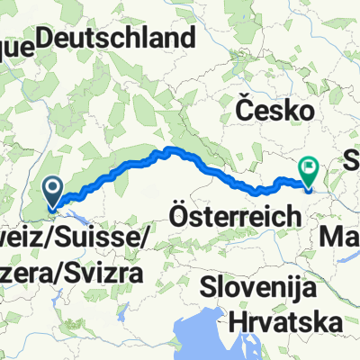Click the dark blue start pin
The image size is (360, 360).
[x=52, y=190]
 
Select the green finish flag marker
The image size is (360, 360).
[x=309, y=167]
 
